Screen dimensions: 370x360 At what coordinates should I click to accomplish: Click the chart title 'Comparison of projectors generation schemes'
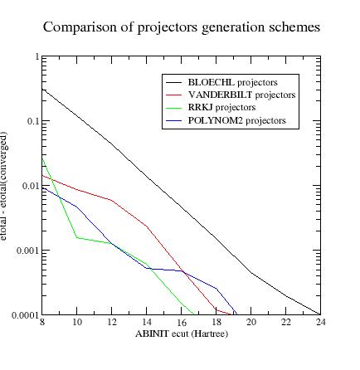pos(181,27)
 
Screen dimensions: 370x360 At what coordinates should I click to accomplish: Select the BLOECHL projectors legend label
pos(232,82)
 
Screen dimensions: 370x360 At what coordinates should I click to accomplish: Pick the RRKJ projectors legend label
pos(221,108)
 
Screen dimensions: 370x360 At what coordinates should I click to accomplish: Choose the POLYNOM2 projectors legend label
pos(236,120)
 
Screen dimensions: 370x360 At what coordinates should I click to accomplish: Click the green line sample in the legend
pos(173,108)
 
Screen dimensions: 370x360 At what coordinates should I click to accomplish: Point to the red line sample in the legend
pos(173,95)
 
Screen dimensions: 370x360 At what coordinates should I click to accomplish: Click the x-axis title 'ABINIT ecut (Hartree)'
pos(181,333)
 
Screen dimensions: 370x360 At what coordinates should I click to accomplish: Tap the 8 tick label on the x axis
pos(42,322)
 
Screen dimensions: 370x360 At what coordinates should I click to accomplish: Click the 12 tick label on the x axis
pos(112,322)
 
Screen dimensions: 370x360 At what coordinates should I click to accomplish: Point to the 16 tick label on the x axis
pos(182,322)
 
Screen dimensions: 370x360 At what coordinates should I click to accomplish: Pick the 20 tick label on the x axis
pos(251,322)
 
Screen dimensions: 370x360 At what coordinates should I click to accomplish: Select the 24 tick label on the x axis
pos(320,322)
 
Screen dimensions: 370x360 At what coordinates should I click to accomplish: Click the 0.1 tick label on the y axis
pos(32,121)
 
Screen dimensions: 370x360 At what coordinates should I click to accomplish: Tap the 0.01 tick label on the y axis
pos(30,186)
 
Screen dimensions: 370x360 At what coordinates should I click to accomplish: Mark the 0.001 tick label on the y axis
pos(27,251)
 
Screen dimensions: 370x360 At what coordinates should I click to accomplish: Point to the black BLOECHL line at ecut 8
pos(42,89)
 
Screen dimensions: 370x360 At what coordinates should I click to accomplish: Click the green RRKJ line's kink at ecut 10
pos(77,237)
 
